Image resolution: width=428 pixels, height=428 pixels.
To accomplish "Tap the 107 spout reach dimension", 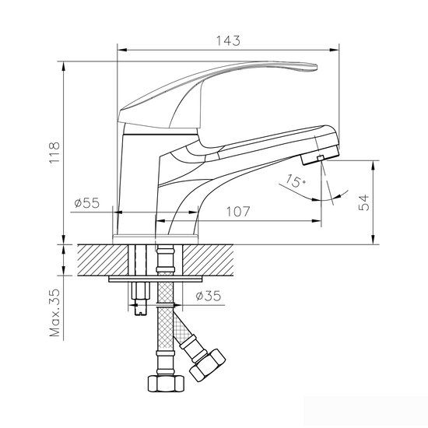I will click(x=238, y=209).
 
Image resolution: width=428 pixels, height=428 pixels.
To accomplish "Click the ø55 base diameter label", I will click(x=87, y=203).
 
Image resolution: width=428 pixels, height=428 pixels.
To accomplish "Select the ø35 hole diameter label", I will click(x=209, y=296).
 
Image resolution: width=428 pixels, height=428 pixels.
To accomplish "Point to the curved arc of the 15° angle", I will click(x=310, y=195).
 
